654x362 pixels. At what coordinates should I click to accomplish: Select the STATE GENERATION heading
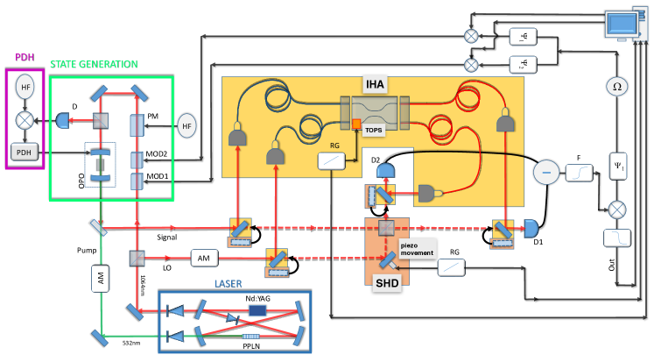[95, 64]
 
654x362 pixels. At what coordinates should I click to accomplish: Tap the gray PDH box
[24, 152]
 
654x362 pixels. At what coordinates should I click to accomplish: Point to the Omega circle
[616, 87]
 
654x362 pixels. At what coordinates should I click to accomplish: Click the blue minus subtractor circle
[546, 172]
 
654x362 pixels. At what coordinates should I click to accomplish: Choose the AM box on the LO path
[203, 258]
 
